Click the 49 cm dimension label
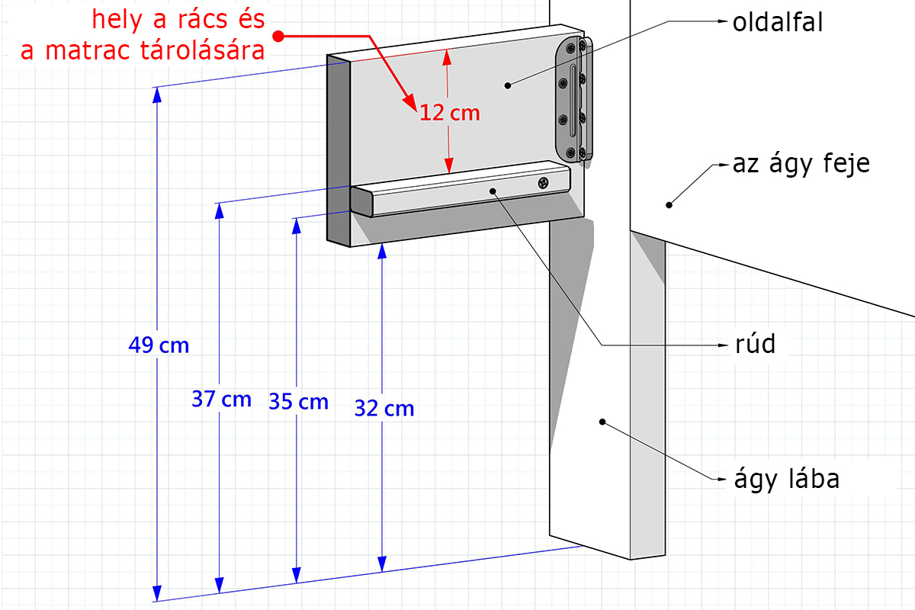click(x=159, y=345)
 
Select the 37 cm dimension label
click(x=221, y=400)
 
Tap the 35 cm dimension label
click(x=299, y=402)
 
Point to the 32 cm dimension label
click(x=384, y=408)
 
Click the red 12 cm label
click(x=450, y=113)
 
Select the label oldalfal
click(x=778, y=22)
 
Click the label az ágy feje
click(x=801, y=165)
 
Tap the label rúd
click(x=755, y=344)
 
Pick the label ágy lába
click(x=787, y=480)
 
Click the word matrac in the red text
click(x=88, y=50)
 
